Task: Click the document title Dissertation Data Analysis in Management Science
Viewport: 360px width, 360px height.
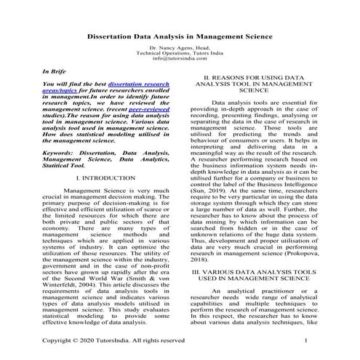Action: (180, 34)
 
